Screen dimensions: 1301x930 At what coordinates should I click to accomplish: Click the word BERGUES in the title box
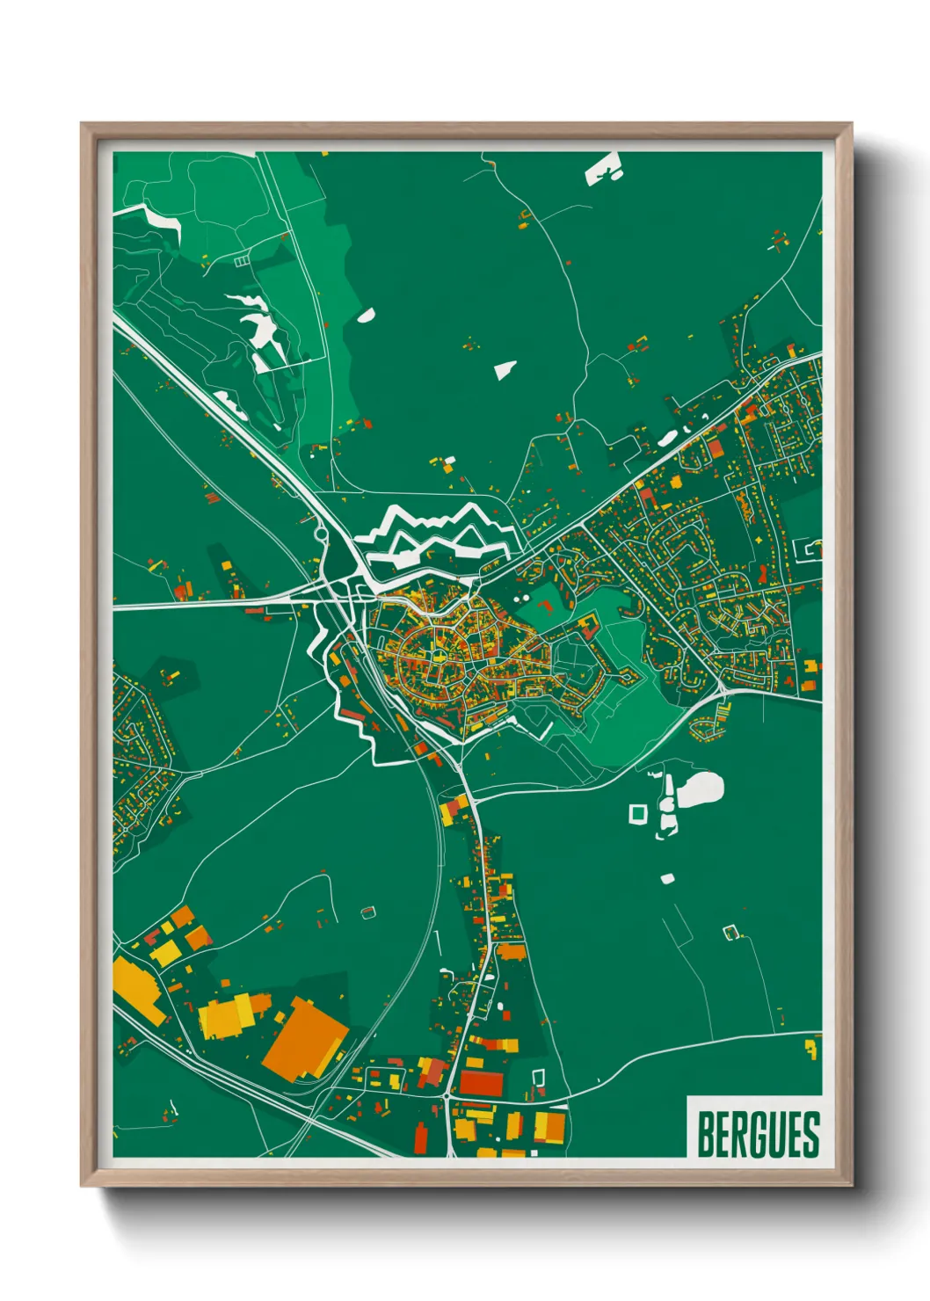tap(758, 1134)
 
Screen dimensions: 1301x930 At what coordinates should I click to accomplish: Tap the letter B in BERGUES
tap(706, 1134)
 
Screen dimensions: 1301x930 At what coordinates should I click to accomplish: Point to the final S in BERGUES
tap(810, 1134)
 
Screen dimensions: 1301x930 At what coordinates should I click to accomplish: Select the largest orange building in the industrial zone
tap(304, 1037)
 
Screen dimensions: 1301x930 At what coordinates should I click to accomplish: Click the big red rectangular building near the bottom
tap(482, 1082)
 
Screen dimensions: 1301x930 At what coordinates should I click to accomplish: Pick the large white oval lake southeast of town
tap(700, 790)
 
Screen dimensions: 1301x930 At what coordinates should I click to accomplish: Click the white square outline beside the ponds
tap(637, 814)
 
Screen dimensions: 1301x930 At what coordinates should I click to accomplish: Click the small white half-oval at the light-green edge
tap(366, 316)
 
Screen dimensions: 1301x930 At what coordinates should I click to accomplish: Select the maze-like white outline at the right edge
tap(809, 550)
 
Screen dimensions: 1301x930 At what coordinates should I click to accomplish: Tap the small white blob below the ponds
tap(667, 877)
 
